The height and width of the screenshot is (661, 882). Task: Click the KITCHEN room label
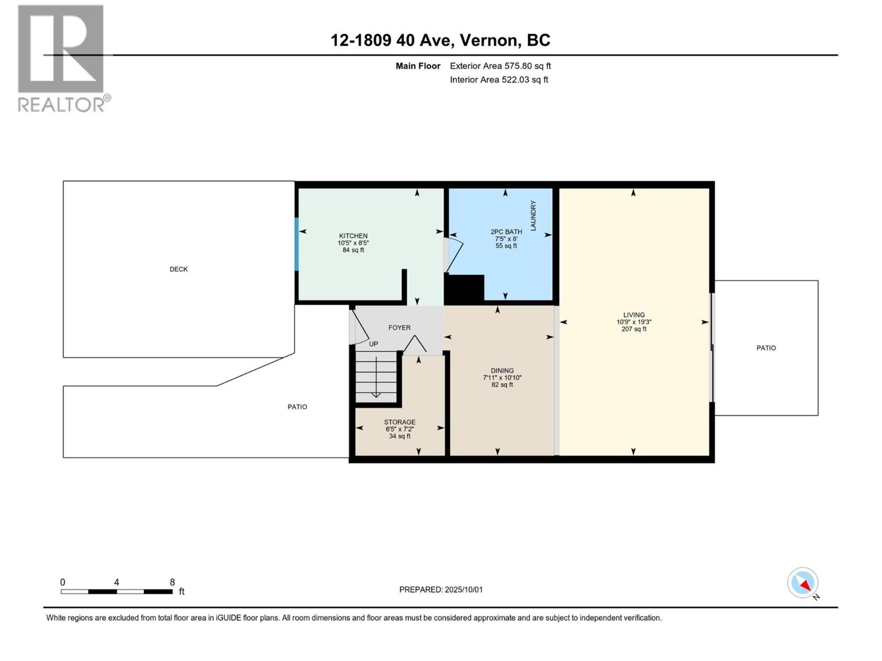pos(353,236)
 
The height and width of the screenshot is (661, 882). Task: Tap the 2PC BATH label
pos(506,232)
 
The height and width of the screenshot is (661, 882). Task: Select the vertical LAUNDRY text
pos(533,215)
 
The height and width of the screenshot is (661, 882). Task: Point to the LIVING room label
pos(634,315)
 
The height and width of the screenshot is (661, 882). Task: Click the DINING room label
pos(502,370)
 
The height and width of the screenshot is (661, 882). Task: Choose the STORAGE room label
pos(400,422)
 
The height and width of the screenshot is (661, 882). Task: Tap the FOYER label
pos(400,328)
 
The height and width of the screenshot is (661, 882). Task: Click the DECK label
pos(179,269)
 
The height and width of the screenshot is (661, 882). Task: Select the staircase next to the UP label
pos(376,376)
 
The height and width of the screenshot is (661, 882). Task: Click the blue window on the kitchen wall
pos(297,244)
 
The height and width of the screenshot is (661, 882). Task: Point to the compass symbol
pos(803,583)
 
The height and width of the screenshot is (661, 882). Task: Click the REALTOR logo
pos(64,58)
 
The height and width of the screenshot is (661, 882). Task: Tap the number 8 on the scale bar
pos(173,582)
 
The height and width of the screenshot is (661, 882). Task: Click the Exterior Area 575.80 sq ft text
pos(501,66)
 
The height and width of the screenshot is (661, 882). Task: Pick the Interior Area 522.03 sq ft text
pos(499,79)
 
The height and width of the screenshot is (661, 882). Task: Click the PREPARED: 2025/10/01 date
pos(441,589)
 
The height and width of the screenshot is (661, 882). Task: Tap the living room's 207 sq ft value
pos(634,329)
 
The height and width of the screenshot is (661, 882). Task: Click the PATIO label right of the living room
pos(766,348)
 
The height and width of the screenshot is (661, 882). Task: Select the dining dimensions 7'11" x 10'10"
pos(502,378)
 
